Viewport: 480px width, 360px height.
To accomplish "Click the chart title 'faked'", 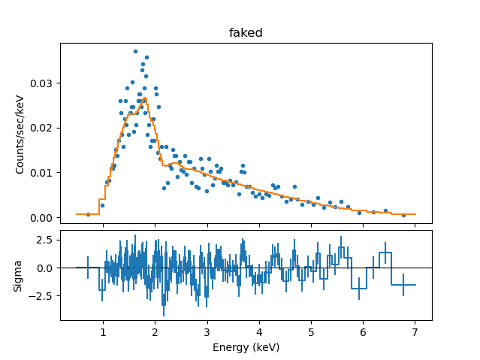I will (x=246, y=33).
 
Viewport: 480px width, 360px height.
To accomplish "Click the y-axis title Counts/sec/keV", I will (x=20, y=133).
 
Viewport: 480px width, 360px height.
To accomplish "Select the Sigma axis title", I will (x=20, y=275).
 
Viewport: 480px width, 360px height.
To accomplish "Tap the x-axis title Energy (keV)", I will (x=246, y=346).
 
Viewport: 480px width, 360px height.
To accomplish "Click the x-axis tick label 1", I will (x=103, y=331).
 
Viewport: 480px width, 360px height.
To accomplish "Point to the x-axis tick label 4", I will (x=259, y=331).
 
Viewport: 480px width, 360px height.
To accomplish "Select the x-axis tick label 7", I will (x=415, y=331).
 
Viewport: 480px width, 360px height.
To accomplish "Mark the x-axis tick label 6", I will (x=363, y=331).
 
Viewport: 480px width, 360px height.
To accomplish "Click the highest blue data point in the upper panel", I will (x=135, y=51).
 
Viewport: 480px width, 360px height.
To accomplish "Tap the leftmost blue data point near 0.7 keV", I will (x=88, y=214).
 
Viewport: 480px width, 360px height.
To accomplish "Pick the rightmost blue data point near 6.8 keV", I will (x=403, y=215).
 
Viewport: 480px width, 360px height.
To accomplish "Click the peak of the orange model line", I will (x=144, y=98).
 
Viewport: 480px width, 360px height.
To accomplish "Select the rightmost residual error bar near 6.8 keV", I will (x=403, y=285).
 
